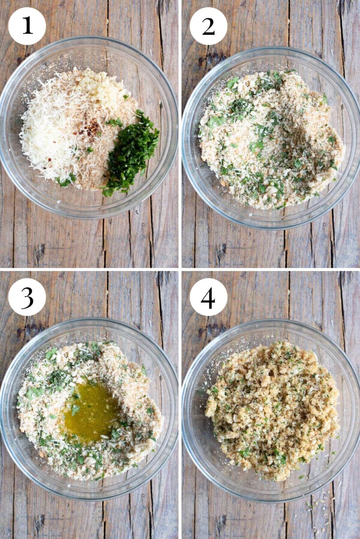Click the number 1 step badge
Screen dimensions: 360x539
[27, 26]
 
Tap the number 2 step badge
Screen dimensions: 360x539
[209, 26]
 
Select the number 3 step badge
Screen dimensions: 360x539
[27, 297]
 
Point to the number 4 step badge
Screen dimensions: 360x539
[209, 297]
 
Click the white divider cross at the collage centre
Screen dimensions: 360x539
[180, 269]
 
